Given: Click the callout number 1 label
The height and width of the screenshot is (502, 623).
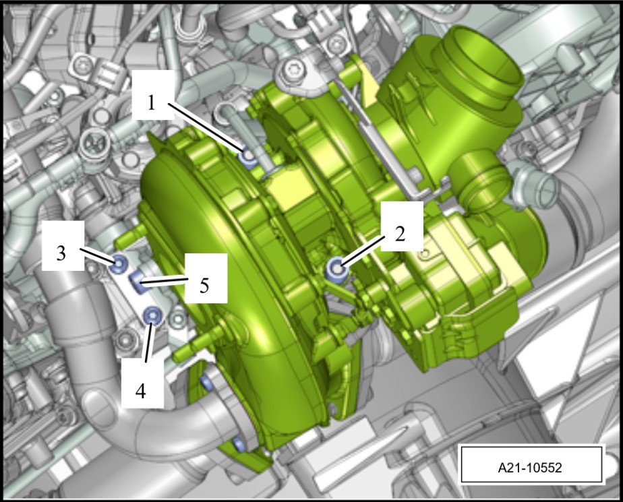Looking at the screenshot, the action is [151, 103].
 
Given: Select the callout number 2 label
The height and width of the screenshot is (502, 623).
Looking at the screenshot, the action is [400, 234].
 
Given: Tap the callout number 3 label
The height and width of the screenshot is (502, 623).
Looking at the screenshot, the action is [61, 253].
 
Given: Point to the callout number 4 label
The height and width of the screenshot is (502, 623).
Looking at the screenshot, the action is [141, 391].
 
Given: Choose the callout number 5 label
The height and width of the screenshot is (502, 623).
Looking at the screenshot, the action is [204, 285].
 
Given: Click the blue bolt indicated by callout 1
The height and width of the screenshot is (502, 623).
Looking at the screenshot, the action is [249, 156].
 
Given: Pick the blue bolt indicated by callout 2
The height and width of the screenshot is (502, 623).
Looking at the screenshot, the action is [337, 269].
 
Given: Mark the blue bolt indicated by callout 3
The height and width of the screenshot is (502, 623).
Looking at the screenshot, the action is [119, 263].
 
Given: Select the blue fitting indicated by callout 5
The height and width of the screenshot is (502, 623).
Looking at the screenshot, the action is [139, 283].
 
